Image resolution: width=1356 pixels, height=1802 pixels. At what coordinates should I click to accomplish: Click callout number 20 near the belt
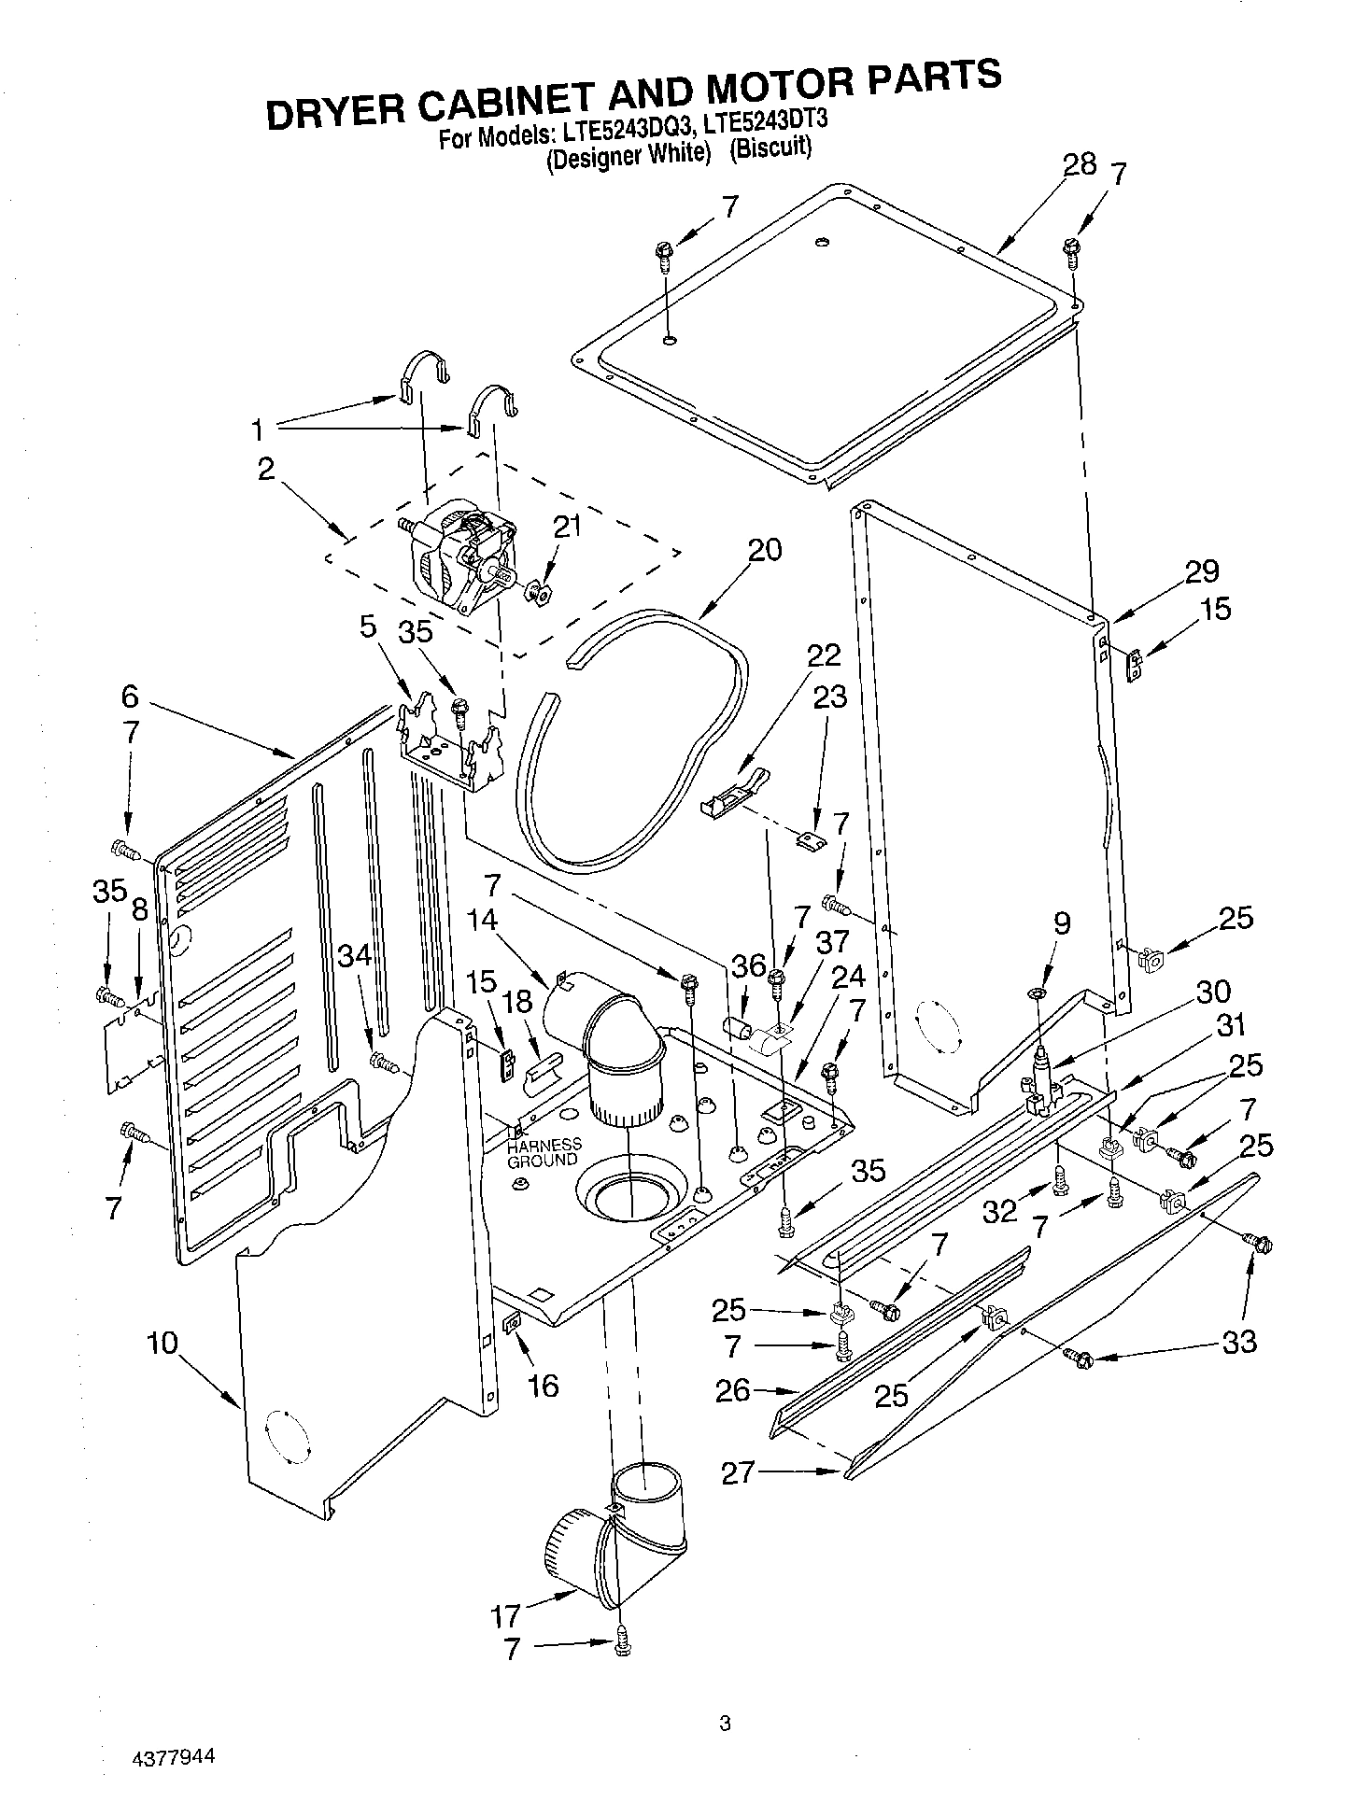764,550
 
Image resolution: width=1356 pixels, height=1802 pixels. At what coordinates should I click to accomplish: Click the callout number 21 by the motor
567,527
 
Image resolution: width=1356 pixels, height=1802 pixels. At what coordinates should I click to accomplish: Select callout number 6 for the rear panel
130,696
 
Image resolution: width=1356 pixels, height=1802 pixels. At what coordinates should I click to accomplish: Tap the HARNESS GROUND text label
544,1152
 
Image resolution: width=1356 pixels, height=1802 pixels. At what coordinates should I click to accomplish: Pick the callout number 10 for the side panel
162,1344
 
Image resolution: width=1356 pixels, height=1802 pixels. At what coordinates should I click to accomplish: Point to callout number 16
543,1385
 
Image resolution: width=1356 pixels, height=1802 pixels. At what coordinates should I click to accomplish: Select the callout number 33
1238,1343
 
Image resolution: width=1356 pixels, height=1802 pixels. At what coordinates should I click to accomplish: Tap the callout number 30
1213,992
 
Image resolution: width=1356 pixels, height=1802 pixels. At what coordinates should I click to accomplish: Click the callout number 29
1202,570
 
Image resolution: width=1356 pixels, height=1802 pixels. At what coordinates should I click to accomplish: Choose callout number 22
824,655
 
